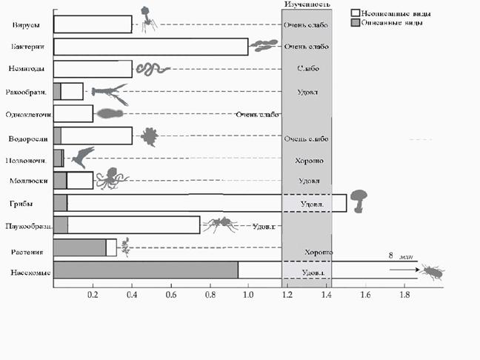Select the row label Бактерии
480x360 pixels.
(x=27, y=47)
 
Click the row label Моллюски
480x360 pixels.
(x=26, y=181)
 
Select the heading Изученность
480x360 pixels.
(x=305, y=4)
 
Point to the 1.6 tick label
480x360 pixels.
(x=364, y=295)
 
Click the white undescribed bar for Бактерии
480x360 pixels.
(x=151, y=47)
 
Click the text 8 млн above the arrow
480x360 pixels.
(x=399, y=256)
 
